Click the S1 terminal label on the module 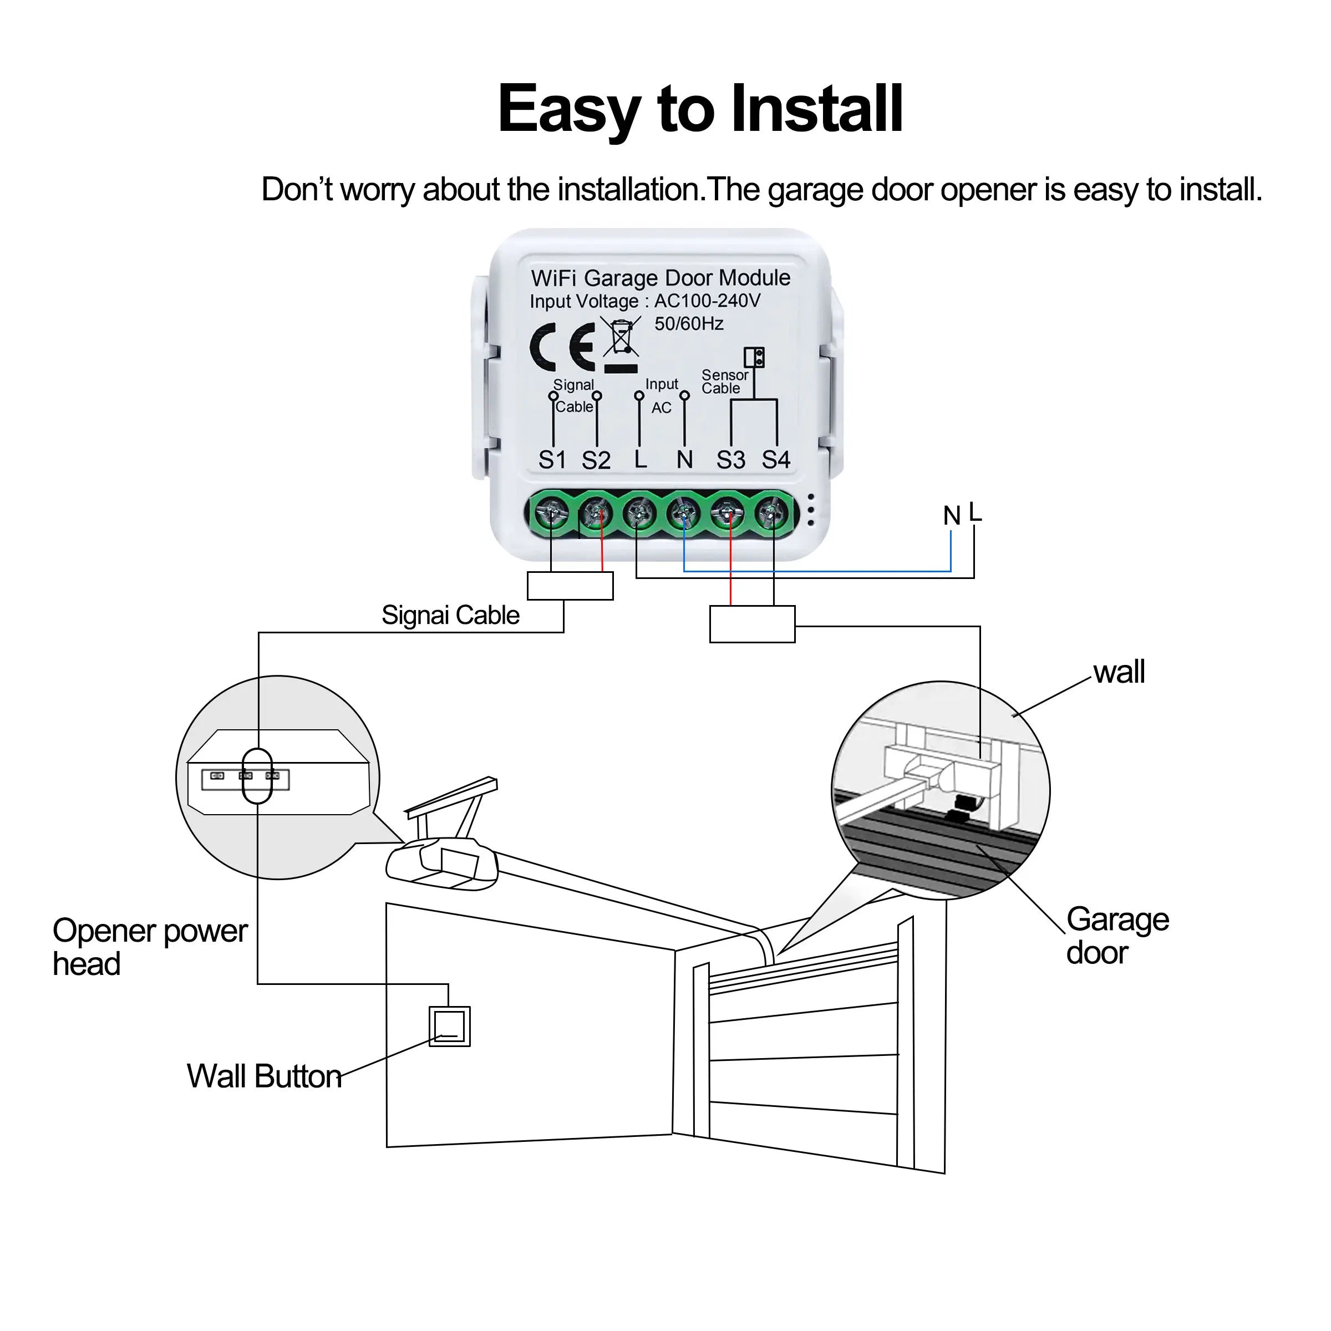click(552, 460)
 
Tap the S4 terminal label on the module click(776, 460)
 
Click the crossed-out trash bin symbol click(621, 338)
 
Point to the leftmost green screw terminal click(552, 513)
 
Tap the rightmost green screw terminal click(773, 513)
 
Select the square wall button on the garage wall click(449, 1027)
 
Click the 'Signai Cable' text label click(450, 615)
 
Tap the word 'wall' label click(1119, 672)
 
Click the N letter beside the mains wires click(952, 516)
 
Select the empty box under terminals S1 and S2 click(570, 586)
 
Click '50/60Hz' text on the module click(688, 324)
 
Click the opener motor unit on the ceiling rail click(441, 865)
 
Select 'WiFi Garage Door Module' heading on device click(660, 278)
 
